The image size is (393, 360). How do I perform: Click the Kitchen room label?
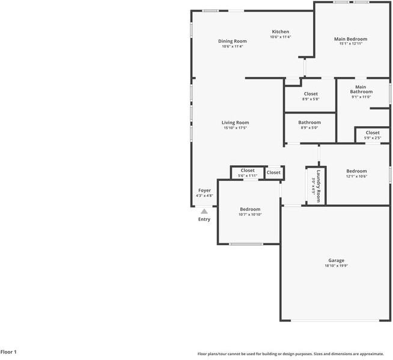(281, 32)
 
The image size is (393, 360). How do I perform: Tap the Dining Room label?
(232, 41)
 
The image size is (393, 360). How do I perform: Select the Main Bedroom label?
(350, 38)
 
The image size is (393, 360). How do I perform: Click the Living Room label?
(235, 123)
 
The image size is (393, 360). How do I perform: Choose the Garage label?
(336, 260)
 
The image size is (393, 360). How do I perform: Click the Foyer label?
(204, 191)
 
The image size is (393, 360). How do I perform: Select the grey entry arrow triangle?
(204, 211)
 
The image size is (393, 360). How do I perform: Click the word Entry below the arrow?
(204, 219)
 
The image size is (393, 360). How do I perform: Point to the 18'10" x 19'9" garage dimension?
(336, 266)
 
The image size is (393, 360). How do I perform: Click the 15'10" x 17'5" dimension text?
(235, 128)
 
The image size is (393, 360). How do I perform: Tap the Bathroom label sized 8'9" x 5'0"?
(309, 123)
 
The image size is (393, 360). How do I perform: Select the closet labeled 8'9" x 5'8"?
(311, 94)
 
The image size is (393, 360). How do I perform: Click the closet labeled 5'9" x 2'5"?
(373, 133)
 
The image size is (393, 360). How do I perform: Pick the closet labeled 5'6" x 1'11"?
(248, 171)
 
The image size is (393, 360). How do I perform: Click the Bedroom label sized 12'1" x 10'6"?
(356, 171)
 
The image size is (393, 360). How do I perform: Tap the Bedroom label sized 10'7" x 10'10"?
(250, 209)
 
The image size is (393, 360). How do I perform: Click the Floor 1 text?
(8, 352)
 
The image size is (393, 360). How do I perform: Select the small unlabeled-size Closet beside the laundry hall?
(273, 172)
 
